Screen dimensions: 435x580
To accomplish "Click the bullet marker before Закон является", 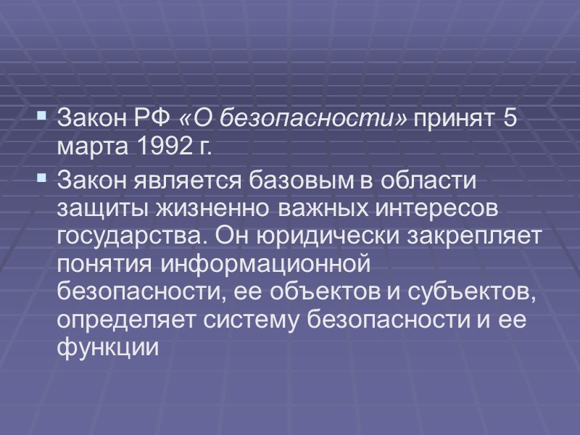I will (41, 177).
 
